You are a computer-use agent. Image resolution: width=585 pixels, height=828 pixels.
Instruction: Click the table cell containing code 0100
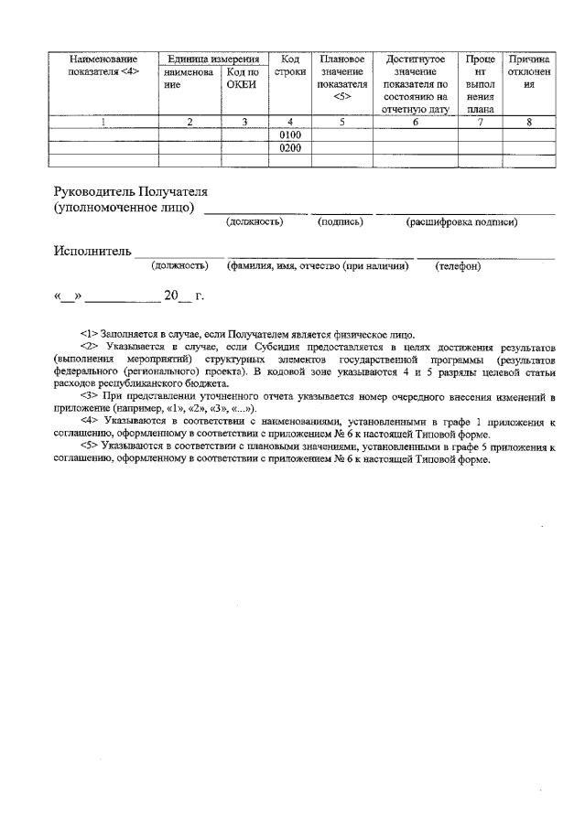[x=290, y=134]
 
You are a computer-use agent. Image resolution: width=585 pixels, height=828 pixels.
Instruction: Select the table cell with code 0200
[x=290, y=147]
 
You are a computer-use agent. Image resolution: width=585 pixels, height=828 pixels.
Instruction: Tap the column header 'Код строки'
[x=290, y=65]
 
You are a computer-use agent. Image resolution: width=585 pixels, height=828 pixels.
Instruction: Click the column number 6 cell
[x=415, y=122]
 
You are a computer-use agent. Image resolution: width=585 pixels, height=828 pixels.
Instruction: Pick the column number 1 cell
[x=103, y=122]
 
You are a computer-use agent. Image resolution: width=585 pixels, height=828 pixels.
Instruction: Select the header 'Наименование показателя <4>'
[x=103, y=65]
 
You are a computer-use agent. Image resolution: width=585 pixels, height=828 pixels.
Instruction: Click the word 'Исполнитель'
[x=92, y=251]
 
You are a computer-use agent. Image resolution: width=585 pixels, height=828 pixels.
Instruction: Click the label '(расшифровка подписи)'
[x=461, y=221]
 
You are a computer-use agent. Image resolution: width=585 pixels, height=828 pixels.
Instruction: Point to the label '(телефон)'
[x=458, y=266]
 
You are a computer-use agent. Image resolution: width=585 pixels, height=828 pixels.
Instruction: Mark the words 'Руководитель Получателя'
[x=131, y=192]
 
